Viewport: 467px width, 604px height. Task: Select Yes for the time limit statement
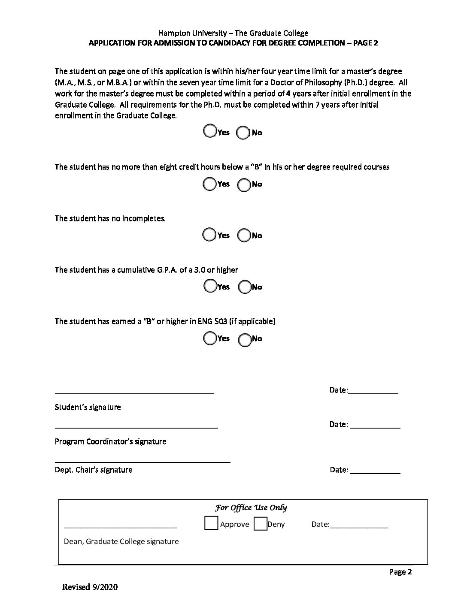click(x=209, y=131)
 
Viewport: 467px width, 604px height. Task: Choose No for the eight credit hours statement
click(x=244, y=185)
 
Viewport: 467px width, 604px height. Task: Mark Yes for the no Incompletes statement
click(x=209, y=235)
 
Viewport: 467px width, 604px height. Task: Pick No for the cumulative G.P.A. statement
click(x=244, y=287)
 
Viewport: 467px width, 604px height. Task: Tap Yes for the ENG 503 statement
click(x=209, y=338)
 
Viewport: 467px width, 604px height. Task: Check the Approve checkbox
click(x=211, y=524)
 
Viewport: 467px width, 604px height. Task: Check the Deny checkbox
click(x=260, y=524)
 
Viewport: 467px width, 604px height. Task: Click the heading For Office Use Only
click(x=251, y=508)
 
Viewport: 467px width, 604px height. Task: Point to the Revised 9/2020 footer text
click(x=90, y=587)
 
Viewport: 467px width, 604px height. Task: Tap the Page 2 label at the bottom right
click(x=400, y=572)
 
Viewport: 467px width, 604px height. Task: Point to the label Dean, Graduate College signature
click(x=121, y=541)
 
